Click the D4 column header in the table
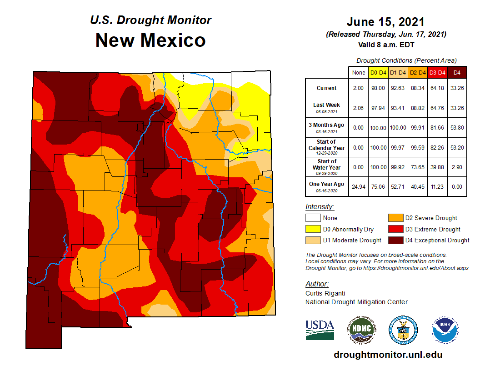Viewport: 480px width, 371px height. tap(457, 72)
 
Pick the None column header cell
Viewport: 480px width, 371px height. tap(358, 72)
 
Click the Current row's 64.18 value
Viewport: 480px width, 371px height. tap(437, 88)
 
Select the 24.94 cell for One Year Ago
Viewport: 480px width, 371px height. tap(358, 187)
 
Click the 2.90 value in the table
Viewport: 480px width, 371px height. tap(457, 167)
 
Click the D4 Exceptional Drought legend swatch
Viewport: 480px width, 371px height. tap(395, 240)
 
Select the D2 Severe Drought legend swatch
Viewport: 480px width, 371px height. tap(395, 218)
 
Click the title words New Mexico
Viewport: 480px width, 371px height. tap(150, 40)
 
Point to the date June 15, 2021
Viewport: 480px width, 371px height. tap(385, 22)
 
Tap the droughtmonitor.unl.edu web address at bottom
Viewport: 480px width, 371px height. tap(388, 355)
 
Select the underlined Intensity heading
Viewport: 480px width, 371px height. tap(320, 207)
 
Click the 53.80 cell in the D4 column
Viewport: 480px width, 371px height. tap(457, 128)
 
